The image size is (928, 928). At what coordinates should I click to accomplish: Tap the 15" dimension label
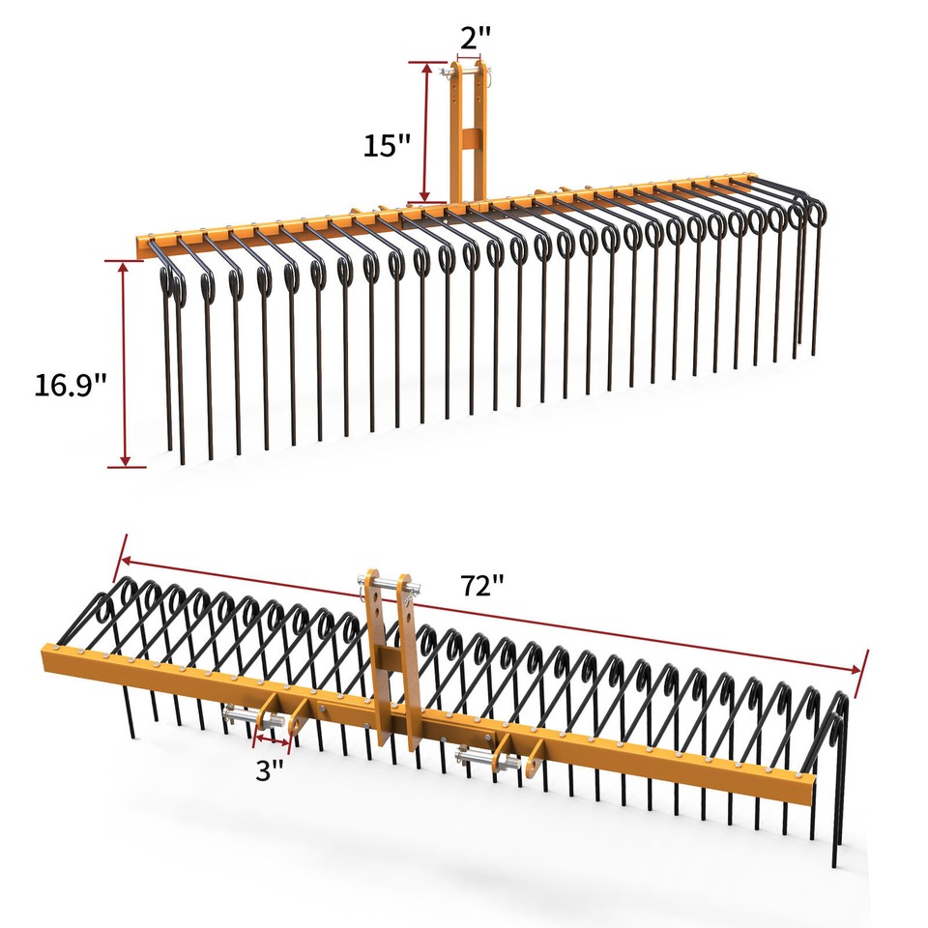click(x=387, y=146)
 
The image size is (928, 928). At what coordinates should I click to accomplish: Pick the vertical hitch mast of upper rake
click(x=470, y=135)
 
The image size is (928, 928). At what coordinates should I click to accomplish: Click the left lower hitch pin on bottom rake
click(x=253, y=718)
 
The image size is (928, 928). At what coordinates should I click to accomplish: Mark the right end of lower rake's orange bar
click(x=808, y=789)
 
